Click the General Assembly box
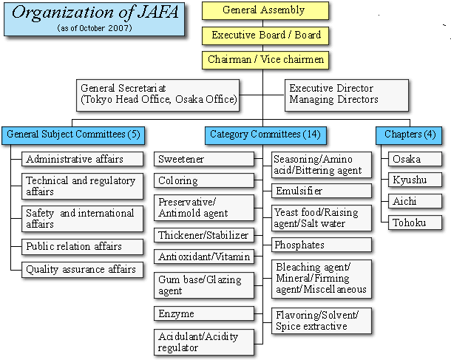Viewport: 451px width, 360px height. point(265,10)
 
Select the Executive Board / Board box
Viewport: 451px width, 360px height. point(265,35)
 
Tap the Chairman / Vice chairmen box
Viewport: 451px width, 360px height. point(265,60)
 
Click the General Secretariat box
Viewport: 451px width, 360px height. point(157,95)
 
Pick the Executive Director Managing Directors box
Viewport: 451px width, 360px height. point(347,95)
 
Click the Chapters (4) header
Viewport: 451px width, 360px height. point(409,135)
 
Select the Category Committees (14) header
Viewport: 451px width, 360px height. point(265,135)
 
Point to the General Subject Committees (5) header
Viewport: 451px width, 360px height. point(73,135)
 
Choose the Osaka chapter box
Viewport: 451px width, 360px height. point(415,159)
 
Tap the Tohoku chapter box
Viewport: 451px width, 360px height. point(415,223)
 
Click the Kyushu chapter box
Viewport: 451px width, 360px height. point(415,180)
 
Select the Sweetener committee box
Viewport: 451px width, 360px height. point(204,159)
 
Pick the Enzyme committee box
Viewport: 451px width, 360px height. point(204,313)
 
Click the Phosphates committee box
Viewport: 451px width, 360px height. point(322,245)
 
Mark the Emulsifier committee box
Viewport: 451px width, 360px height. point(322,191)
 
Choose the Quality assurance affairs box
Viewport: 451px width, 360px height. point(82,269)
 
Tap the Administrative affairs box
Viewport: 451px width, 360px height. point(82,159)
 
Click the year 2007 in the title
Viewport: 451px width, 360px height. point(120,28)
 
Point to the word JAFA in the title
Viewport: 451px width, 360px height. point(157,13)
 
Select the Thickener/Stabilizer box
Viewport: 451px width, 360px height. point(204,235)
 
